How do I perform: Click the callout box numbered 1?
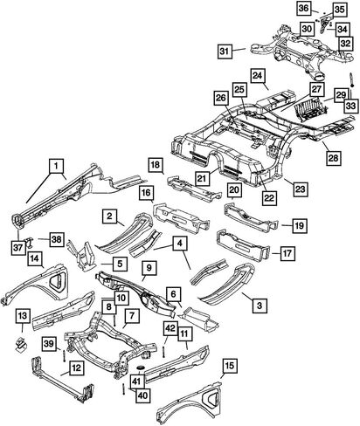point(57,166)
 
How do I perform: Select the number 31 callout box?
point(225,52)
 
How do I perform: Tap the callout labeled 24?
point(258,76)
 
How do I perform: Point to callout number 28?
point(333,158)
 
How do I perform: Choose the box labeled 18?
point(156,165)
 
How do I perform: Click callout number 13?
point(23,316)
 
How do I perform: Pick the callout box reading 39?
point(49,343)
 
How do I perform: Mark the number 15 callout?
point(230,365)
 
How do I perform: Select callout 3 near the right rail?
point(260,306)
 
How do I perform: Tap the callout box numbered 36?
point(304,8)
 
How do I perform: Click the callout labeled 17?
point(287,253)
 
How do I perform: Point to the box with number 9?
point(149,268)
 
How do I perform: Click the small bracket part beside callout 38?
point(29,242)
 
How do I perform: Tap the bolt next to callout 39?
point(63,355)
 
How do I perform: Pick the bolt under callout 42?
point(163,351)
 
